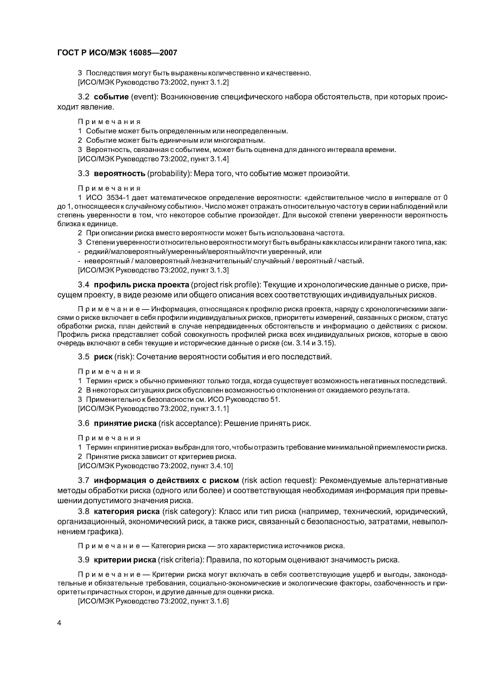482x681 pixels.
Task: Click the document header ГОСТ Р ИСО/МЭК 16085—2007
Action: pos(117,53)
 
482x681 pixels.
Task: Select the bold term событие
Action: pos(111,97)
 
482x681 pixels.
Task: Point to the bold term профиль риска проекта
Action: pos(141,285)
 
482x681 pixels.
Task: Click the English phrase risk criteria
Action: pos(181,560)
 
